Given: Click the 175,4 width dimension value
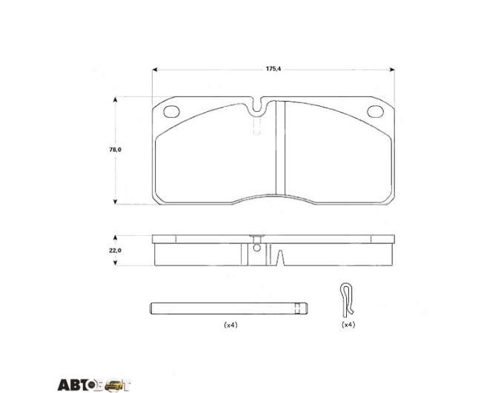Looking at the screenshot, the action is coord(273,69).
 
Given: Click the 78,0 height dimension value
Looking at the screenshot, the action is coord(115,150).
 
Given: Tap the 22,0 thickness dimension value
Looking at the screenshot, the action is coord(115,250).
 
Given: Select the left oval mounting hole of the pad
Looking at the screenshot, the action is coord(171,111).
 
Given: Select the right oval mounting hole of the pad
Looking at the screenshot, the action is coord(376,111).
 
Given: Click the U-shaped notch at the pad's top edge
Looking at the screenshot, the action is coord(257,106).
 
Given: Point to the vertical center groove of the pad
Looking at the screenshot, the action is coord(281,148).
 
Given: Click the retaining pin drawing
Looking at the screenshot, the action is coord(229,308).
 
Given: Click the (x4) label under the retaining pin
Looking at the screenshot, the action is coord(231,325).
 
